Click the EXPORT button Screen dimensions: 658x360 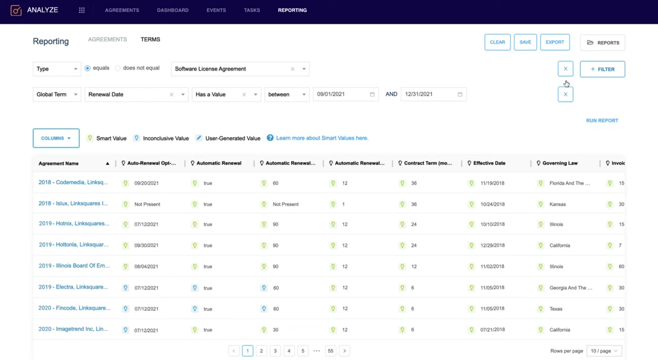click(x=555, y=42)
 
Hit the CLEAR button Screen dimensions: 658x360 click(x=497, y=42)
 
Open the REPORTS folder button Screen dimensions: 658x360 click(x=602, y=43)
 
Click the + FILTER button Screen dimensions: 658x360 click(x=602, y=69)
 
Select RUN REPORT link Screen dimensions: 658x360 click(x=602, y=120)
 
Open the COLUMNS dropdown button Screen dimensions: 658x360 click(x=56, y=138)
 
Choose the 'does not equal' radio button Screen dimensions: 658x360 click(x=118, y=68)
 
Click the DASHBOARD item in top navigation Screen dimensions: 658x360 click(x=173, y=10)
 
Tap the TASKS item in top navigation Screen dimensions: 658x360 click(x=252, y=10)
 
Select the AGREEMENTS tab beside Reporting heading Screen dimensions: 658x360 click(x=107, y=39)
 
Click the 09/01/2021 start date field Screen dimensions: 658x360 click(x=346, y=94)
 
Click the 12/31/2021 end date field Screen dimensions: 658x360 click(x=433, y=94)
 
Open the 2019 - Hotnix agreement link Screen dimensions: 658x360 click(x=74, y=224)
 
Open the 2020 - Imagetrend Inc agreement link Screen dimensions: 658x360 click(x=73, y=329)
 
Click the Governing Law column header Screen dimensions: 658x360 click(x=560, y=163)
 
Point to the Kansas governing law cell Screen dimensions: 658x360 click(x=557, y=204)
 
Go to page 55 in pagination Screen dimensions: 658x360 click(x=330, y=351)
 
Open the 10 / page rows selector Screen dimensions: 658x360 click(x=604, y=351)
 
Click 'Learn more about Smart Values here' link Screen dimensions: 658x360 click(x=322, y=138)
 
